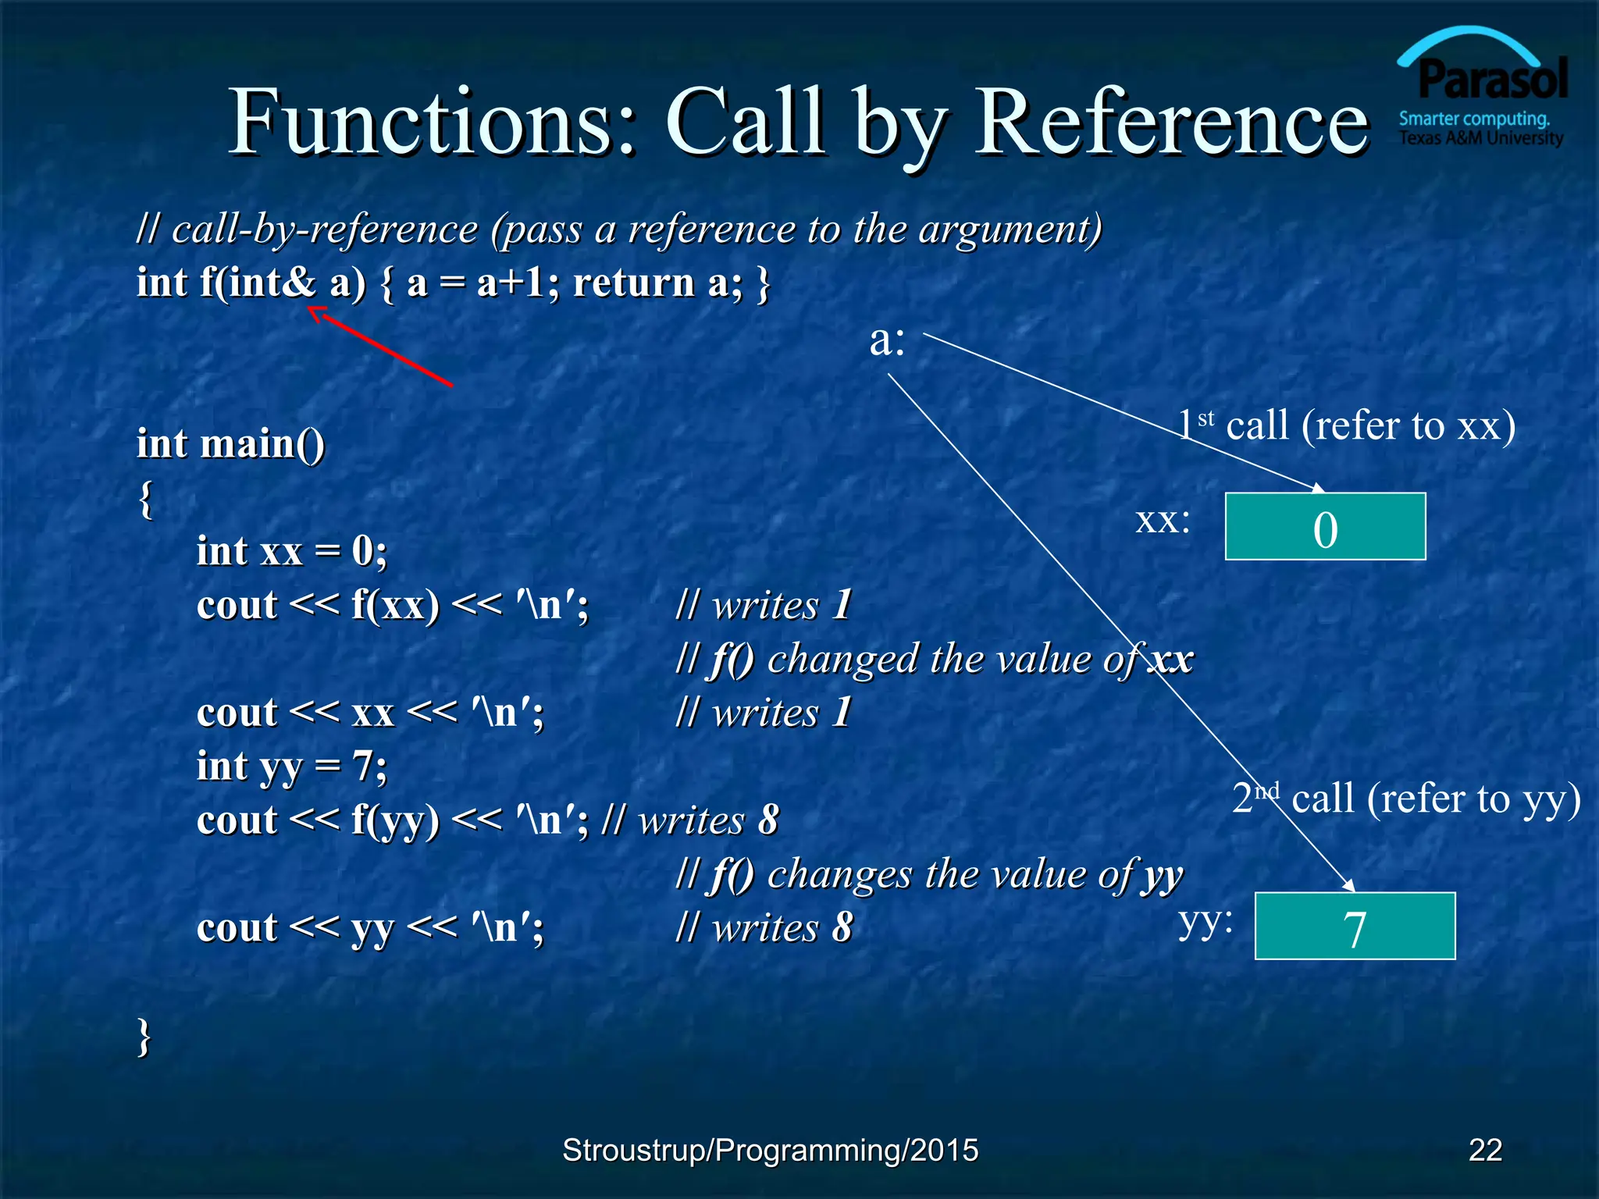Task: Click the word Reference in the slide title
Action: pos(1171,123)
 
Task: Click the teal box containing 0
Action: pos(1325,527)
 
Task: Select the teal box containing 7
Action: pos(1355,926)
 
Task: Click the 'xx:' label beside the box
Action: pos(1163,521)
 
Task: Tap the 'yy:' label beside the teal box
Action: pos(1205,923)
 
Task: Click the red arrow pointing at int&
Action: pos(381,347)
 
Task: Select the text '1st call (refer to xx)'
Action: pos(1346,426)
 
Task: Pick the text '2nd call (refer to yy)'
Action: pos(1406,799)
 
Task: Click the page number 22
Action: pos(1485,1150)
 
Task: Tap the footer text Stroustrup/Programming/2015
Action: pos(770,1150)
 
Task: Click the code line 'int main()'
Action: pos(230,443)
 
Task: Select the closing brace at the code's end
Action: pos(144,1037)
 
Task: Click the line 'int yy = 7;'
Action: pos(291,767)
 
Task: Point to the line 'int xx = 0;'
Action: pos(291,551)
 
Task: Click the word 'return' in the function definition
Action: pos(633,283)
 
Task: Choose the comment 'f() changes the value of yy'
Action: pos(929,874)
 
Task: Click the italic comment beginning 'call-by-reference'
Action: pos(618,229)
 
